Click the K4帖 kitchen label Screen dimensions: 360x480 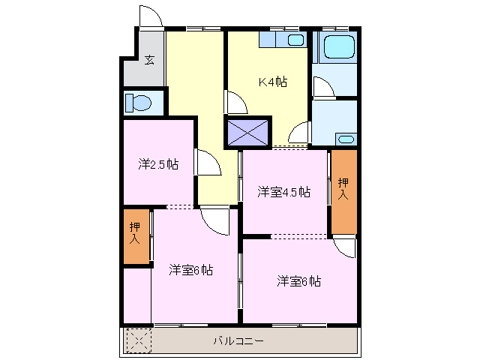tap(273, 82)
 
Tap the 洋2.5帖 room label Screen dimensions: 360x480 tap(157, 164)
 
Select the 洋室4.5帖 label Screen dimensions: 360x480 tap(283, 191)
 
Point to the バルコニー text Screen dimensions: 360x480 tap(238, 340)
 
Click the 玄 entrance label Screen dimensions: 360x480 tap(149, 60)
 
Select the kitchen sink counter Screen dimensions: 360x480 tap(282, 39)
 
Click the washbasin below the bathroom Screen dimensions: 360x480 tap(345, 139)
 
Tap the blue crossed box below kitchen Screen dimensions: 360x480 tap(248, 131)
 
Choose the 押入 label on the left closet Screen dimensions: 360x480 tap(135, 234)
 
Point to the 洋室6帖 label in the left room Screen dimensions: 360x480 tap(190, 270)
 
